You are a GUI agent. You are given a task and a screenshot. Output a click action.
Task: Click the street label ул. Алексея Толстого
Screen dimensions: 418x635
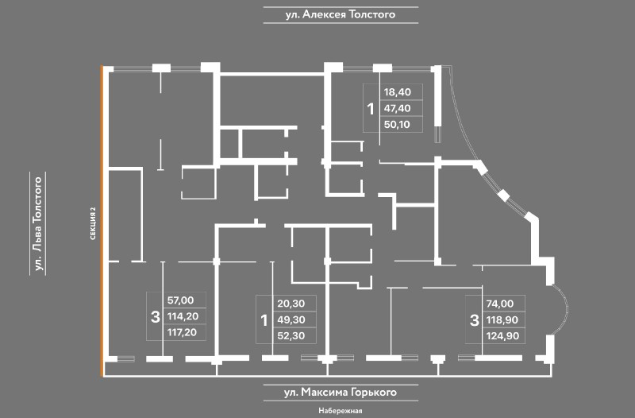click(x=341, y=14)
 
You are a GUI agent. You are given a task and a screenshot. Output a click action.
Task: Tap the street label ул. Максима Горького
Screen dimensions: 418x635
click(x=340, y=393)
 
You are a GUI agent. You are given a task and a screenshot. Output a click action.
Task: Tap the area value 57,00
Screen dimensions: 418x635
click(x=181, y=300)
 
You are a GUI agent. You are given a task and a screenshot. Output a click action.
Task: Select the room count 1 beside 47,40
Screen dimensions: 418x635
click(x=369, y=109)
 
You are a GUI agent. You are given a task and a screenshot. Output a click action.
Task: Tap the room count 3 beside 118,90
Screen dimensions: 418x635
click(x=474, y=320)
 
